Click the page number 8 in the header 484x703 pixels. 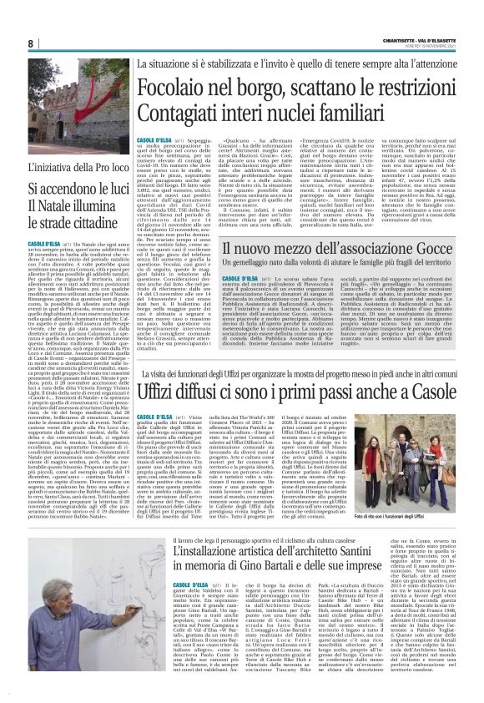click(x=31, y=43)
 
